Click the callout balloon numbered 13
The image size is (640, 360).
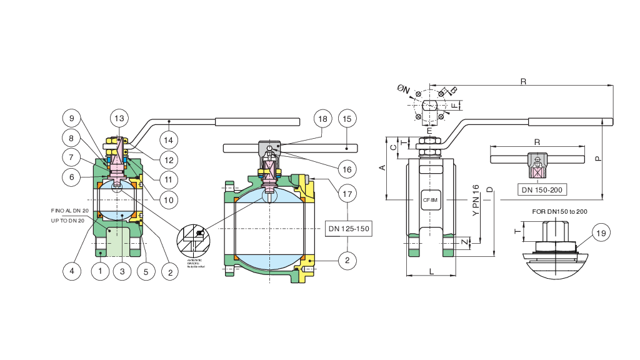[x=119, y=117]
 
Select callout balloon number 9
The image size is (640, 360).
[x=72, y=117]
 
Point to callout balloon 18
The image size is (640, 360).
[x=322, y=118]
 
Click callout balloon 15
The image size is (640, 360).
[x=347, y=118]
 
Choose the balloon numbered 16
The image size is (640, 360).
[x=347, y=169]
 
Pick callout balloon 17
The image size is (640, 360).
[x=347, y=194]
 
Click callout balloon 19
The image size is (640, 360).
[x=601, y=234]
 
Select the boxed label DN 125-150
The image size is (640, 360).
[x=349, y=229]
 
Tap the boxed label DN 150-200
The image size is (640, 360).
[x=542, y=189]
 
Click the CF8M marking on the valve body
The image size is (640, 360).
[x=430, y=200]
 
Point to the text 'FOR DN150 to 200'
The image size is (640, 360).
[x=560, y=212]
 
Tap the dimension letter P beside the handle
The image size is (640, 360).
[x=598, y=159]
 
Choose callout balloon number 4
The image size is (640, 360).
[x=72, y=271]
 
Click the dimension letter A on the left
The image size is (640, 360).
[x=382, y=167]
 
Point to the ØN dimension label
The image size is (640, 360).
[x=404, y=90]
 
